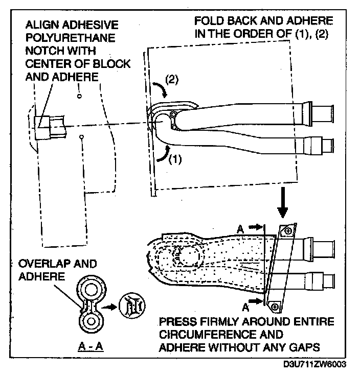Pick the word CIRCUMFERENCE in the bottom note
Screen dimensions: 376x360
point(199,336)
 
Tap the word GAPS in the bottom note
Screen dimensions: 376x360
point(306,348)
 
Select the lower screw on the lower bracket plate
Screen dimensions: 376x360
point(275,305)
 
